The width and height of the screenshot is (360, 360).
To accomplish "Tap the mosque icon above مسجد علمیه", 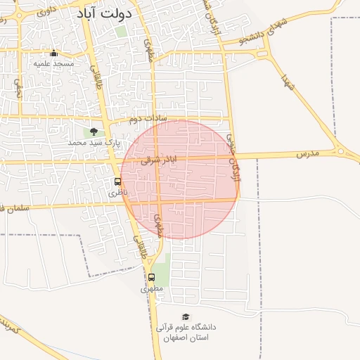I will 54,53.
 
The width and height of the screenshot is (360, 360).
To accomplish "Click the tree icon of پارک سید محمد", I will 94,131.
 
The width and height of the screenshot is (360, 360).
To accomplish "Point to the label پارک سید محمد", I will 94,142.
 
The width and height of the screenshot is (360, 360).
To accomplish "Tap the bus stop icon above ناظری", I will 117,181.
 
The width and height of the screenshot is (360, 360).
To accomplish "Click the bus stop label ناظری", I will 117,191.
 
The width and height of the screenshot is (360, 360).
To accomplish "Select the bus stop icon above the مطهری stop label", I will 151,278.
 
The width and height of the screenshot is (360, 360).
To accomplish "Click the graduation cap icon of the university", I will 186,317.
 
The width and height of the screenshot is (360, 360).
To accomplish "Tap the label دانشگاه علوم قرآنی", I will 186,328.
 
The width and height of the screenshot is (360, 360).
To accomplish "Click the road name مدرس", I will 307,153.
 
